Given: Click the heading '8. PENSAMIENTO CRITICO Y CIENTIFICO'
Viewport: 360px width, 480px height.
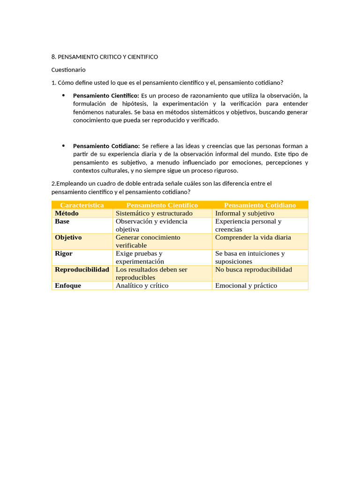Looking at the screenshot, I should coord(105,57).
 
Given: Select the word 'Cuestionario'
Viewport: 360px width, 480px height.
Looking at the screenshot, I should coord(68,70).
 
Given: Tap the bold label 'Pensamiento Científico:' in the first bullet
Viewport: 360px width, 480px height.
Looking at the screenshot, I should coord(106,96).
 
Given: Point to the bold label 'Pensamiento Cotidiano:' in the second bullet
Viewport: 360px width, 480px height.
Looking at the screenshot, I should coord(106,146).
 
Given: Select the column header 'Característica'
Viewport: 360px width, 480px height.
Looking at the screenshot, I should coord(82,205).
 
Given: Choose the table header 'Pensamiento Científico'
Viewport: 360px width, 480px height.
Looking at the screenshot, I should coord(162,205).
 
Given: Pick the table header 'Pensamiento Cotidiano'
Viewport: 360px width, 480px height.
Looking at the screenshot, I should coord(260,205).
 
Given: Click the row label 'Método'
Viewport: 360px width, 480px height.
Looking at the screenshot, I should coord(67,213).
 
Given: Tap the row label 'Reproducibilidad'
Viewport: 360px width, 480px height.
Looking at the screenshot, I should coord(82,270).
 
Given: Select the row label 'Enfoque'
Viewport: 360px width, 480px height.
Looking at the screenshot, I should coord(68,285).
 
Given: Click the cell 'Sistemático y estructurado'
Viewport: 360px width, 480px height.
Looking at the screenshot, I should coord(154,213).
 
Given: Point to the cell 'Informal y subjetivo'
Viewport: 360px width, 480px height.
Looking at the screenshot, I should coord(245,213).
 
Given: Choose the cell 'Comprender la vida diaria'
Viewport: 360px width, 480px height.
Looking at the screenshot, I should coord(253,238).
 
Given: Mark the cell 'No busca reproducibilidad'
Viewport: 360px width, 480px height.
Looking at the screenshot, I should coord(254,270).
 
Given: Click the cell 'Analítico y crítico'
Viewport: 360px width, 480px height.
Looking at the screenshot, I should coord(142,285).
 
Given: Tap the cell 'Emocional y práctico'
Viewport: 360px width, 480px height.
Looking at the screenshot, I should coord(246,285).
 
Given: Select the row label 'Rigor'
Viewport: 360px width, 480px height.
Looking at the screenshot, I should coord(64,254).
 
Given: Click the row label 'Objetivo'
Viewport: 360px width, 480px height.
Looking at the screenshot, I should coord(68,238).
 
